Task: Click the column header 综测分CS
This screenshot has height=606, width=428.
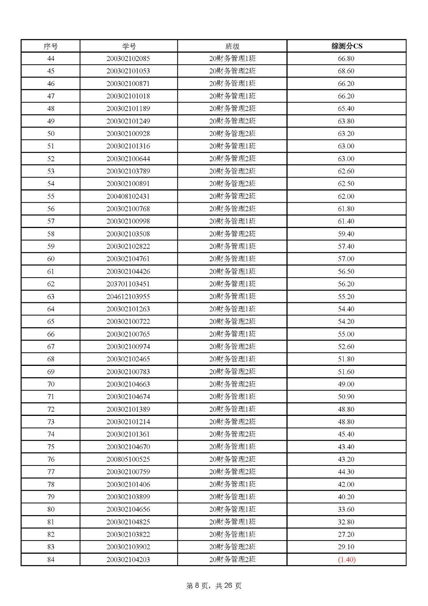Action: tap(347, 46)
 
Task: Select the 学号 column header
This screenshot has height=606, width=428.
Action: tap(129, 46)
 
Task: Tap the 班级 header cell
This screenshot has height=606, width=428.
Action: tap(232, 46)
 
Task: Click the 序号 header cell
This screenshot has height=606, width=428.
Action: tap(51, 46)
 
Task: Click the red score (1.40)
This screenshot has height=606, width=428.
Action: tap(347, 559)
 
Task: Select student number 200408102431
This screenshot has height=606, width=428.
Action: tap(128, 196)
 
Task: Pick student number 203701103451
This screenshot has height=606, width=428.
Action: tap(128, 284)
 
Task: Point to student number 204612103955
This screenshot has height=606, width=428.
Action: tap(128, 296)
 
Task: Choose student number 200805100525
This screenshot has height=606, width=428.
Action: tap(128, 459)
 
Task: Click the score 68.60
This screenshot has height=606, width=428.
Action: tap(346, 71)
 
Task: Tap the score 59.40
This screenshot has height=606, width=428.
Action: tap(346, 234)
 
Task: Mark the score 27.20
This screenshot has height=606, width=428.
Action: tap(346, 534)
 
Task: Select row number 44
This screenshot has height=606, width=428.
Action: tap(51, 58)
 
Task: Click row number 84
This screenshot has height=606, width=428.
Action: tap(51, 559)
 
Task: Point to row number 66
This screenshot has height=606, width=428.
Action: tap(51, 334)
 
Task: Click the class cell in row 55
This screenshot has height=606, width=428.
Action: tap(232, 196)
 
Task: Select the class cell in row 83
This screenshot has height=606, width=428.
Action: tap(232, 547)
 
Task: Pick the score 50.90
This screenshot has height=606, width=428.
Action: tap(346, 397)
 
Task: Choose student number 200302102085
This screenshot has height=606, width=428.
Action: tap(128, 58)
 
